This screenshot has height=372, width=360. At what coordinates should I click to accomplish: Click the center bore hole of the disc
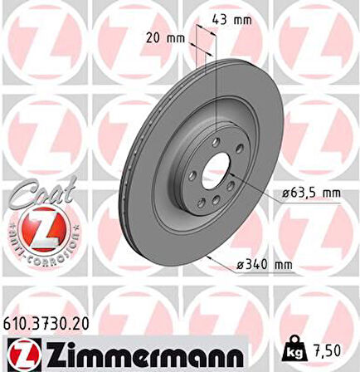[x=214, y=171]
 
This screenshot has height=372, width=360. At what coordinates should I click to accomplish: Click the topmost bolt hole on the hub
[x=215, y=142]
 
